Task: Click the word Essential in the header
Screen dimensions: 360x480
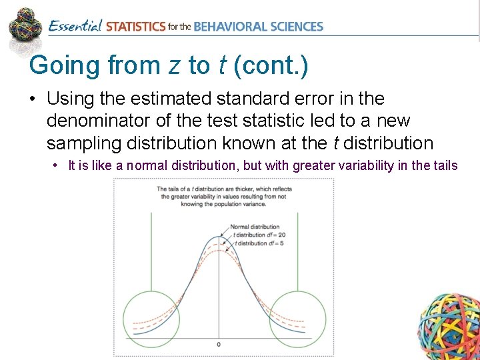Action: [x=75, y=27]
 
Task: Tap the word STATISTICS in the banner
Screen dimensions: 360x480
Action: [x=135, y=27]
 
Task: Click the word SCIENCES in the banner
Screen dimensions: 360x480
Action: [x=295, y=27]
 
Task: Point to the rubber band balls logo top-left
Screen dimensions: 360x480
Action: [x=25, y=27]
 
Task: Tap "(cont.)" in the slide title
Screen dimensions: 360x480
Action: [x=271, y=65]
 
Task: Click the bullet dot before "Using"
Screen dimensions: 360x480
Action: [x=33, y=99]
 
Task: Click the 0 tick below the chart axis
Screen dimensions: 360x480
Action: [x=219, y=344]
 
